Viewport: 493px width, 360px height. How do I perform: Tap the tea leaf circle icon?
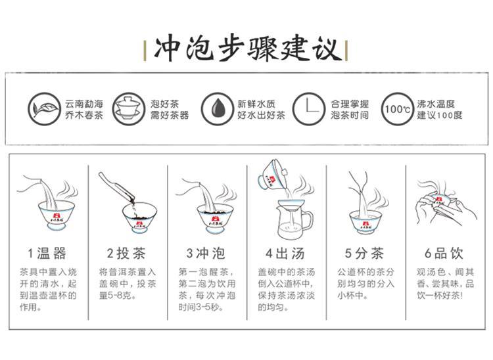pos(43,109)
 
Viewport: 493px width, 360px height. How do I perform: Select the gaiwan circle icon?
pos(129,109)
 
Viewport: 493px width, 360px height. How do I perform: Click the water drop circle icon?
pos(218,109)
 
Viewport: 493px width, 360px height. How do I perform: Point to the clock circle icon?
pos(309,109)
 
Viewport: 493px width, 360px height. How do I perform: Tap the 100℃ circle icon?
pos(398,109)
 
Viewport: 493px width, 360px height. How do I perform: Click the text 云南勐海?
pos(84,103)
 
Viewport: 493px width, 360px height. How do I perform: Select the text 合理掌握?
pos(349,103)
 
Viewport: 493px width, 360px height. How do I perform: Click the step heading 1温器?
pos(47,253)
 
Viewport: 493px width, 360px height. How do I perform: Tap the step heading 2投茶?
pos(126,253)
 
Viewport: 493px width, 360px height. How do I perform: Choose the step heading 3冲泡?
pos(206,253)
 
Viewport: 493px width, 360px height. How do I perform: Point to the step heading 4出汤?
pos(285,253)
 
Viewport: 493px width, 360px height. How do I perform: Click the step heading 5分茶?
pos(364,253)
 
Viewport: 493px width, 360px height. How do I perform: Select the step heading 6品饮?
pos(444,253)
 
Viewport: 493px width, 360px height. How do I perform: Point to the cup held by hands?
pos(438,202)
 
